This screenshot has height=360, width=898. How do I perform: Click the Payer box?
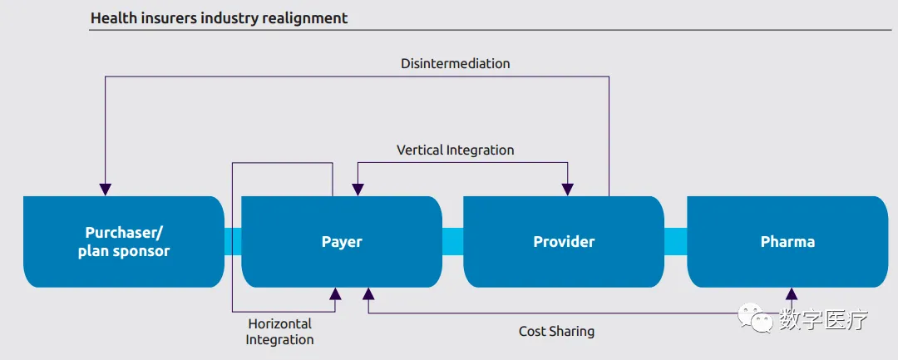(342, 242)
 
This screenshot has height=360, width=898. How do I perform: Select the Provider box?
(564, 242)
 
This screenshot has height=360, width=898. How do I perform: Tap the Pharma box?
(787, 242)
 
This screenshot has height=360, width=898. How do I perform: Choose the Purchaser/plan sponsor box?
(124, 242)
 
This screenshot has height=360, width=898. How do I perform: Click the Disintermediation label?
(455, 63)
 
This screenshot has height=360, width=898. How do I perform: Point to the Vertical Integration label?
(455, 150)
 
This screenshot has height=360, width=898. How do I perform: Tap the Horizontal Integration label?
(279, 332)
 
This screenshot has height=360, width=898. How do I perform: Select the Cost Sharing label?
(556, 331)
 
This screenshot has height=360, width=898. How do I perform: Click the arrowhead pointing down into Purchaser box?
(105, 189)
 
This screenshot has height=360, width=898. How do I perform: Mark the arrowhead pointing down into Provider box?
(567, 189)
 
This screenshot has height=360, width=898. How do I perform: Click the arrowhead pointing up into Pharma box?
(792, 294)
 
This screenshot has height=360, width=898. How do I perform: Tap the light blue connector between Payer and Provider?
(452, 241)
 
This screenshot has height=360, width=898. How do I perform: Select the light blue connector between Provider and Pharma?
(675, 241)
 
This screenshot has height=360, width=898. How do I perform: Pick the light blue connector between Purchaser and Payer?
(233, 241)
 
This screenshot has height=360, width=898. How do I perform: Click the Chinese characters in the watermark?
(823, 318)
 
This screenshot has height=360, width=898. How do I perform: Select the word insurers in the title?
(167, 17)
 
